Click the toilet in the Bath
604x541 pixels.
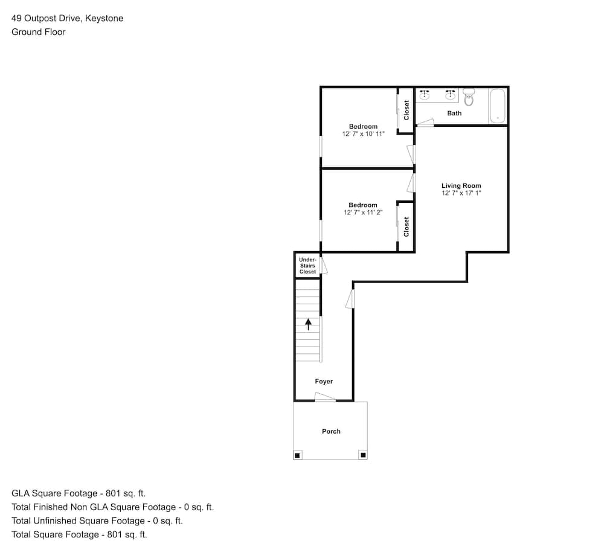coord(469,97)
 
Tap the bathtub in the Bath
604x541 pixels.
coord(497,106)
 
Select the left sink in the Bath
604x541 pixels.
coord(425,95)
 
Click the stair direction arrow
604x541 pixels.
coord(308,324)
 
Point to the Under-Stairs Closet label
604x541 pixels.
coord(307,266)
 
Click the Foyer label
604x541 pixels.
coord(324,381)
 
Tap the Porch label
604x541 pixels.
coord(331,431)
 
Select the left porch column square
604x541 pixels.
coord(297,455)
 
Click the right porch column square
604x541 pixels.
coord(363,455)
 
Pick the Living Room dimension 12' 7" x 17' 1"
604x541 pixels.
coord(461,193)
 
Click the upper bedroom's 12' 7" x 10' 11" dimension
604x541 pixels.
coord(363,133)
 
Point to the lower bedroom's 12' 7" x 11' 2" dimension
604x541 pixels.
coord(363,212)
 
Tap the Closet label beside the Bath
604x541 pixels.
coord(406,110)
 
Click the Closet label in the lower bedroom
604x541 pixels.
coord(406,227)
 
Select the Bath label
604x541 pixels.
coord(454,113)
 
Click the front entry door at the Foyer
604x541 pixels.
coord(325,397)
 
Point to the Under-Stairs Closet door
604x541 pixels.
coord(324,265)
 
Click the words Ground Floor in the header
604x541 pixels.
coord(39,32)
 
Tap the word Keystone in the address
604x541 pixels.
coord(104,19)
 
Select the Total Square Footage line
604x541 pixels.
coord(79,534)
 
